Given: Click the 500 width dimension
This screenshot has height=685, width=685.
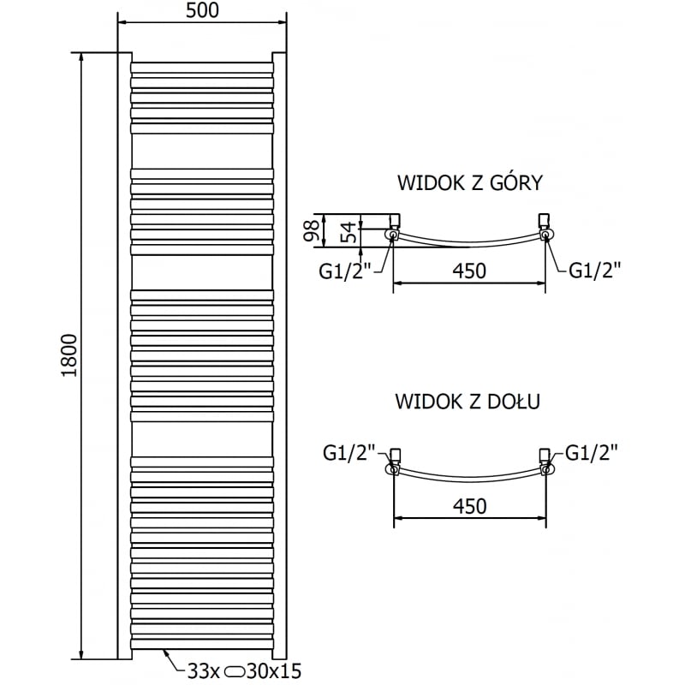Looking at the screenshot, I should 202,11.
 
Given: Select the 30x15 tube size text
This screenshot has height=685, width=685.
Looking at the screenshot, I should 278,670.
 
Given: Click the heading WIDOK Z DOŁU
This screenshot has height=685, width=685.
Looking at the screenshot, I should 467,401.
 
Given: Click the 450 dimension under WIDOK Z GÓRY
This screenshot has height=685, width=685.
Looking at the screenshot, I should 469,271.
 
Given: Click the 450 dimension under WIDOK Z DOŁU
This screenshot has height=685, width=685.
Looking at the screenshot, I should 469,506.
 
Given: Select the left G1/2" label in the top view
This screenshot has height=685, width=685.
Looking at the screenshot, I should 345,271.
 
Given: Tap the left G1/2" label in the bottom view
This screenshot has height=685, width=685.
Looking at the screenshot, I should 349,452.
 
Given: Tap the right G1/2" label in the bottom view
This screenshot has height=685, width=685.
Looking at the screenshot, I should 589,452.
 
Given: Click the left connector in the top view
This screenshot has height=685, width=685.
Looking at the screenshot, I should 393,231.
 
